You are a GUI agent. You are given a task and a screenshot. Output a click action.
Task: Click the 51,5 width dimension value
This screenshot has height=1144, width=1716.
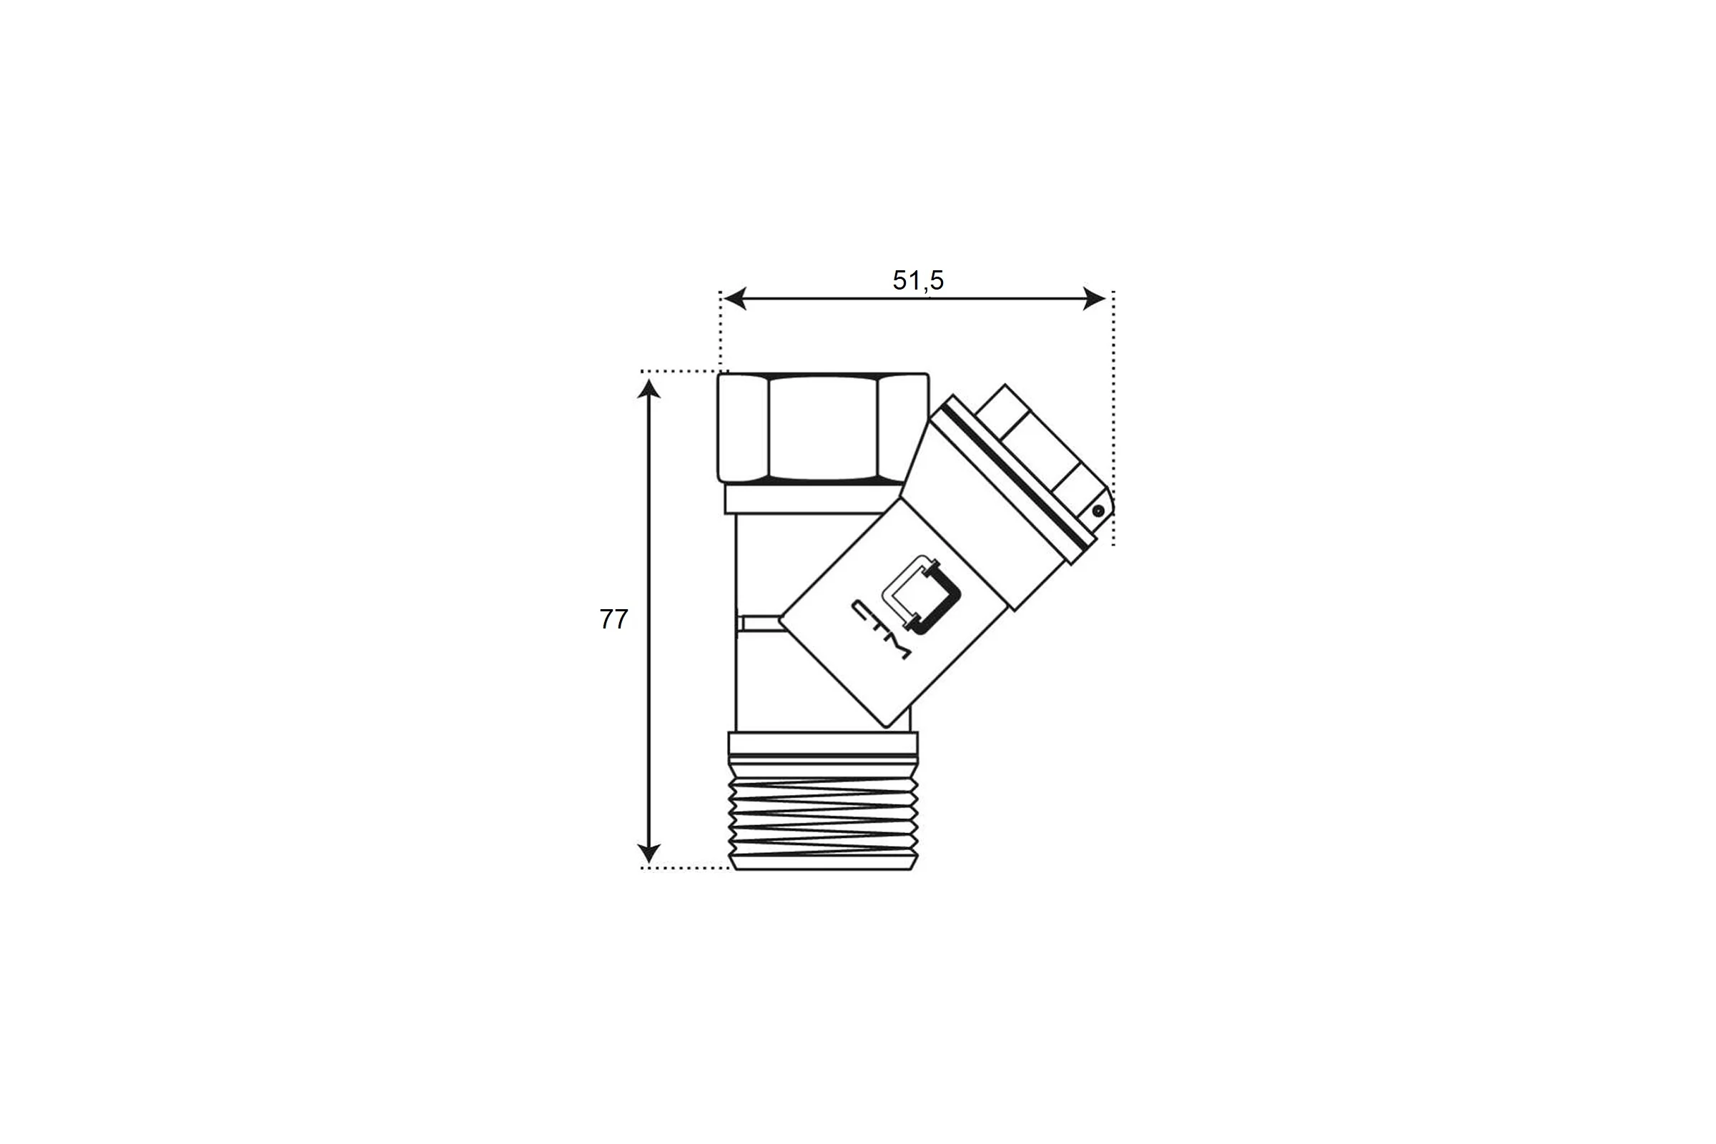pos(918,280)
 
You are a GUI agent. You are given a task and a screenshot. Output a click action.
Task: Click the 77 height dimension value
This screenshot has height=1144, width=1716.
pos(613,618)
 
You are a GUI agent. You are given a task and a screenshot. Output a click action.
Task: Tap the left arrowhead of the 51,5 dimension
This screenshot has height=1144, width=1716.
pos(735,298)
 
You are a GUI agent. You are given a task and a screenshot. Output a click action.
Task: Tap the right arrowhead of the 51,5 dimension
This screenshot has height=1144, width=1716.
pos(1095,298)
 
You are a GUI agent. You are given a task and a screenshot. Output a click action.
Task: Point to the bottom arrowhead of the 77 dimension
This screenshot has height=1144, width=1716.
pos(649,853)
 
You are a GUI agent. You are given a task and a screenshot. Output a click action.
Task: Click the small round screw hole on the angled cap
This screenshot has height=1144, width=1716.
pos(1098,511)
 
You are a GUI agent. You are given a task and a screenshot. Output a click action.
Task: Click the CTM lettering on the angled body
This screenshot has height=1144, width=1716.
pos(881,630)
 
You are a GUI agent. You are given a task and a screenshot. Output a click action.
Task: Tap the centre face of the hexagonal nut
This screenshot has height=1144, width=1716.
pos(823,428)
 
